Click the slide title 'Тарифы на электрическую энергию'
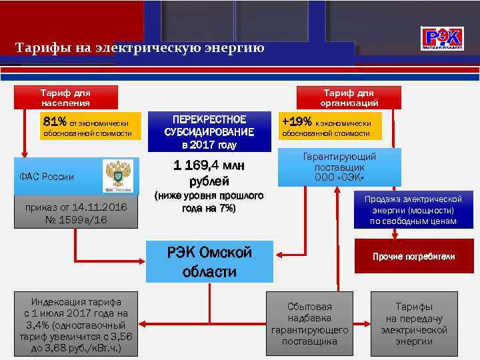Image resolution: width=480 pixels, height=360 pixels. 140,48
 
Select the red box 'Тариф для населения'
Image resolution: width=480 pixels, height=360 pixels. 65,97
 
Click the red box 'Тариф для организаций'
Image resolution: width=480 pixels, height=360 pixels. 349,97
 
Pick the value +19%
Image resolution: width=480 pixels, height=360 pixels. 296,122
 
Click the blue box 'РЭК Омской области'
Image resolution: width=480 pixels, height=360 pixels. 209,262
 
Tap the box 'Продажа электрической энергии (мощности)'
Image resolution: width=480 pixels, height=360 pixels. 413,210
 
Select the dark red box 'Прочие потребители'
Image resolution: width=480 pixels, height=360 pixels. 413,256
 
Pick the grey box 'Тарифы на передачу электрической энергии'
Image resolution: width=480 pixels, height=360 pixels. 413,324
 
